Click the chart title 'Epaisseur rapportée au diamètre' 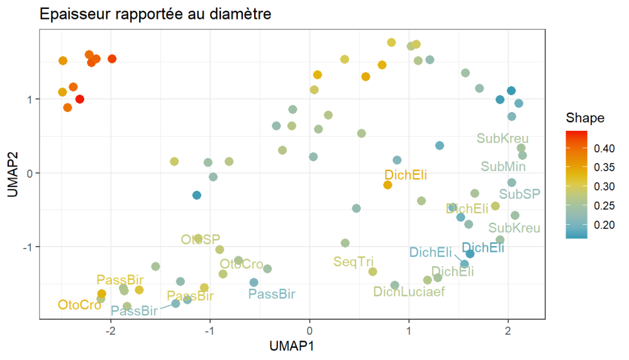(155, 14)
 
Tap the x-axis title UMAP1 (291, 346)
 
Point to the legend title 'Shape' (585, 118)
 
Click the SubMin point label (503, 167)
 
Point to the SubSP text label (520, 194)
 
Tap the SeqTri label (353, 261)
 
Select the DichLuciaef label (409, 291)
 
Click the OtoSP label (201, 239)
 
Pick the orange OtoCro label (79, 305)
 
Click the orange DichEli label (406, 174)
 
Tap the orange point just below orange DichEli (387, 185)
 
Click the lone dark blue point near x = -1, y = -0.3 (197, 195)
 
